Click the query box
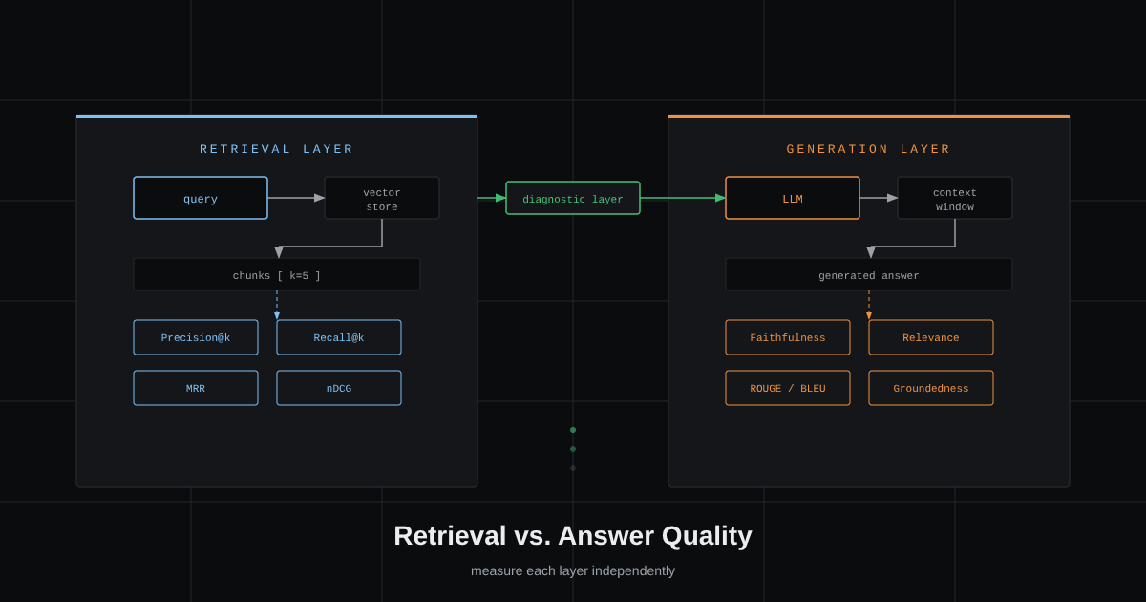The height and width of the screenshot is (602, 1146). click(x=201, y=198)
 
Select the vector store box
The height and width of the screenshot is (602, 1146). click(x=382, y=198)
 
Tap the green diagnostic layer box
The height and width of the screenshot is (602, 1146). click(x=573, y=198)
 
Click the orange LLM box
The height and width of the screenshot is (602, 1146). click(x=793, y=198)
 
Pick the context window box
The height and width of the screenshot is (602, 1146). click(x=955, y=198)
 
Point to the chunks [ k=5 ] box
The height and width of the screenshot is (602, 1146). click(x=277, y=275)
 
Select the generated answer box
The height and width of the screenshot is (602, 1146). click(x=869, y=275)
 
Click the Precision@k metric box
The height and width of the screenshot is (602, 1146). click(x=196, y=337)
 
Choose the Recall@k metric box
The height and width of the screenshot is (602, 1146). click(x=339, y=337)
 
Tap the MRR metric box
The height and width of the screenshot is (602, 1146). click(x=196, y=388)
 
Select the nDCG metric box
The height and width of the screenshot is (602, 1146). click(x=339, y=388)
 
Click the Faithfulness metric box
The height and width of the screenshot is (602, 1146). click(x=788, y=337)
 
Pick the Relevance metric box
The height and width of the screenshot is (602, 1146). click(x=931, y=337)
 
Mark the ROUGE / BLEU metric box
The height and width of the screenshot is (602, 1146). click(x=788, y=388)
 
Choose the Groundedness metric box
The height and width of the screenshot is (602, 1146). click(x=931, y=388)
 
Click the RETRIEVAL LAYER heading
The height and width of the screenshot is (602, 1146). click(x=276, y=149)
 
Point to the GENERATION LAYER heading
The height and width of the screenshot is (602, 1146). click(x=868, y=149)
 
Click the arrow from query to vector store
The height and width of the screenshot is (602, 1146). click(x=296, y=198)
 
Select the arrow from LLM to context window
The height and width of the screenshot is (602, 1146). click(x=879, y=198)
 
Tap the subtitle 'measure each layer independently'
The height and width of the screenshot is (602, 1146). click(x=573, y=570)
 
